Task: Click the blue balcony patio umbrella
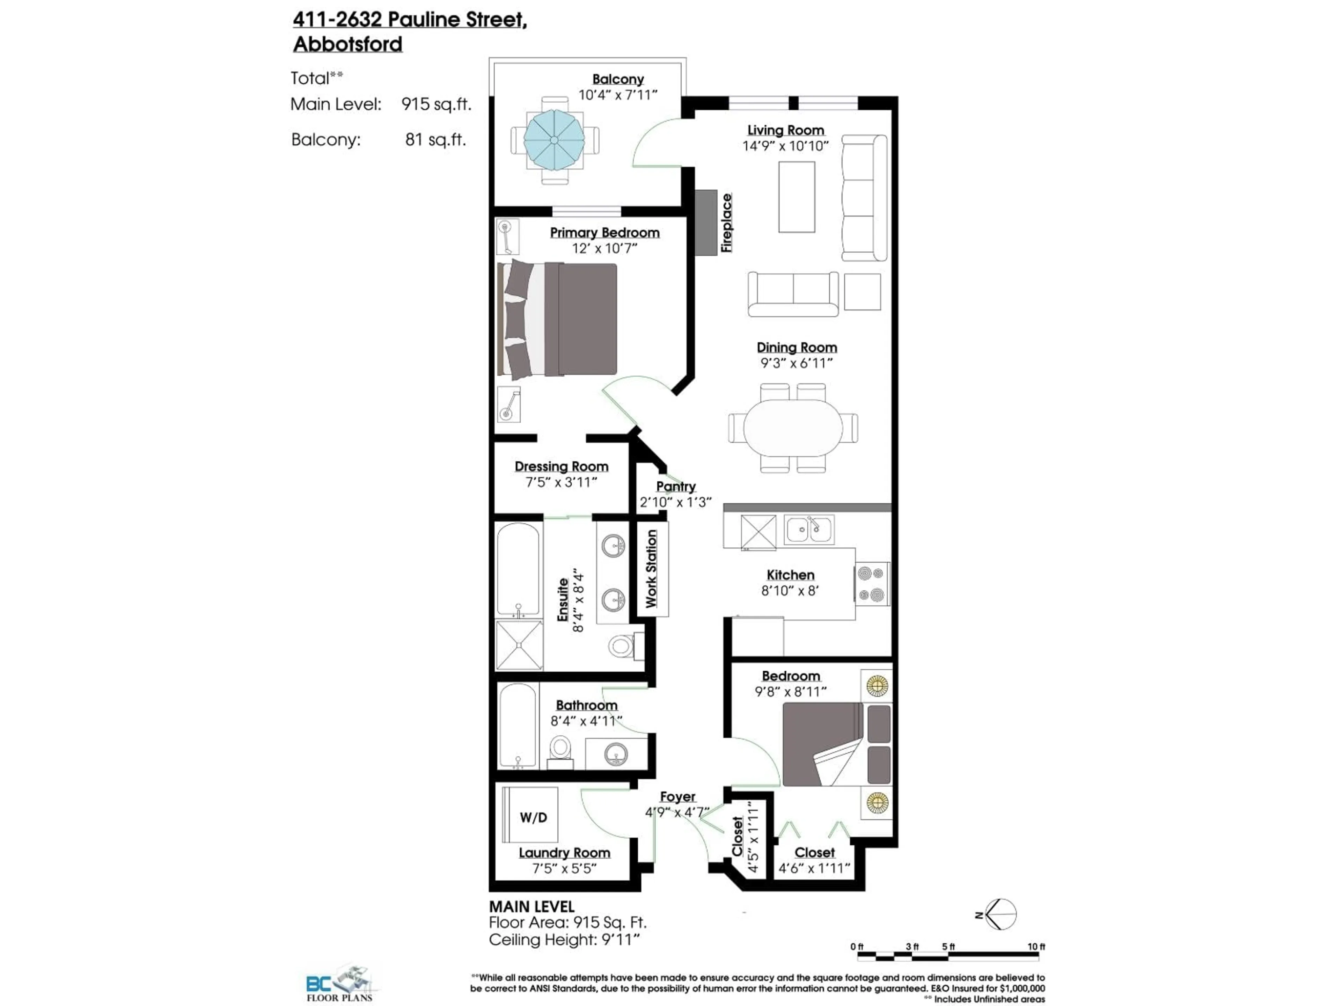pyautogui.click(x=554, y=140)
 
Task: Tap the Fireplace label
pyautogui.click(x=726, y=223)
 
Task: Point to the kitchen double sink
pyautogui.click(x=809, y=530)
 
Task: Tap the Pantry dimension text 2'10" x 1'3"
pyautogui.click(x=675, y=502)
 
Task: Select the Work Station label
pyautogui.click(x=651, y=568)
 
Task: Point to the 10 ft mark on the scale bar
pyautogui.click(x=1036, y=947)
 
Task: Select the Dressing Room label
pyautogui.click(x=562, y=466)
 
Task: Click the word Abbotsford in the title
pyautogui.click(x=347, y=44)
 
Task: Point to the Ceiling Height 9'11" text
pyautogui.click(x=564, y=940)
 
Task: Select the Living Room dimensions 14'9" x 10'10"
pyautogui.click(x=785, y=146)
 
